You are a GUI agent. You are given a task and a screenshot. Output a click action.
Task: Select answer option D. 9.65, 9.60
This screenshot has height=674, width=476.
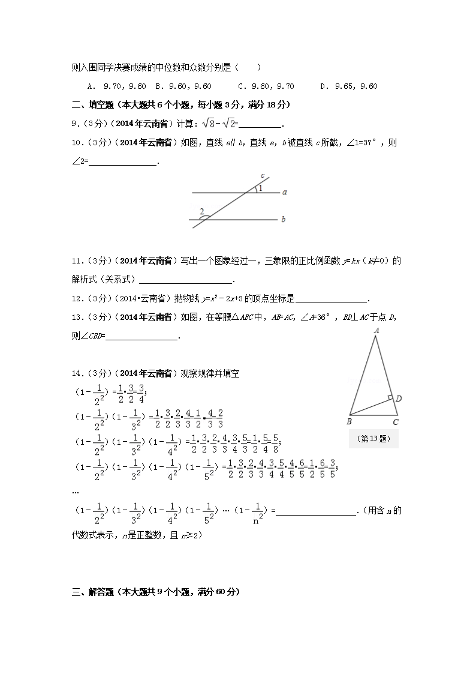[349, 86]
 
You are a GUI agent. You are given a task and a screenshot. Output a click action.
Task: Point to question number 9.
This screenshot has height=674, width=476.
[74, 124]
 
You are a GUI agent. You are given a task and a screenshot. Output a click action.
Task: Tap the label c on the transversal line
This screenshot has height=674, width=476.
[263, 175]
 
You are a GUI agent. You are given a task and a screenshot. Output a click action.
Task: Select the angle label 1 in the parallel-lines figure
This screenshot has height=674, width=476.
[260, 188]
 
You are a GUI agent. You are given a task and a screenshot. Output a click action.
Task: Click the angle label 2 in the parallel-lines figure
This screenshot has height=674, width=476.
[202, 211]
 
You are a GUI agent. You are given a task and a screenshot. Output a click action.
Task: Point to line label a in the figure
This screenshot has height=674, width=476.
[284, 193]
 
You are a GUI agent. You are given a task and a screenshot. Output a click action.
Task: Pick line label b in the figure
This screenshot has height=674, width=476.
[283, 220]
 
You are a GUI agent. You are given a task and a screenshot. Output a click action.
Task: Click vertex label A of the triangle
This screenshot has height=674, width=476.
[376, 330]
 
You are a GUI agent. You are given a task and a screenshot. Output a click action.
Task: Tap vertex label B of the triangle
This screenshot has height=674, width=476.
[349, 422]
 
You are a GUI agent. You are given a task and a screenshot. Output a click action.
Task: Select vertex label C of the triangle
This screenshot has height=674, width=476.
[396, 422]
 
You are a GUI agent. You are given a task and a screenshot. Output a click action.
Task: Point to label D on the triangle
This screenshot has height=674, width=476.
[399, 399]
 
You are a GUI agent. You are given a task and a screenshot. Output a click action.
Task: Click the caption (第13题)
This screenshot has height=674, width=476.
[373, 439]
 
